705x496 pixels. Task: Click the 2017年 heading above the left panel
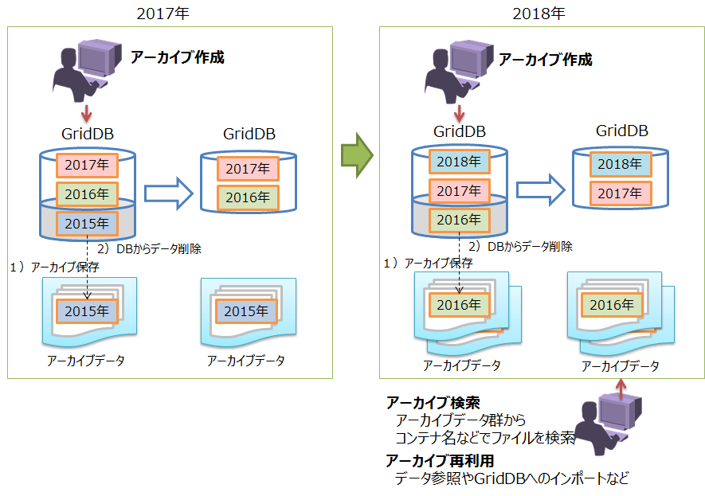tap(163, 14)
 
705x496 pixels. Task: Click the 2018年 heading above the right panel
tap(539, 14)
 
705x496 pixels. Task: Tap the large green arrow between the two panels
tap(357, 155)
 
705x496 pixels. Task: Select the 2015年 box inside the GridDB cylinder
tap(87, 223)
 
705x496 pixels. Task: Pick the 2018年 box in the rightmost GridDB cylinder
tap(621, 164)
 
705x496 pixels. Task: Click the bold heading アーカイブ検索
tap(433, 403)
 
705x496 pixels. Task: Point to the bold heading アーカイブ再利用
tap(441, 460)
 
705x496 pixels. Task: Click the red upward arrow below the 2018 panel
tap(621, 389)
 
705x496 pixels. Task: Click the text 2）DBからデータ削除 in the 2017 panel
tap(149, 249)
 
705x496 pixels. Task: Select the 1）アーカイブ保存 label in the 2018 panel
tap(428, 263)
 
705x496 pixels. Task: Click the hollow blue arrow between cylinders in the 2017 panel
tap(169, 193)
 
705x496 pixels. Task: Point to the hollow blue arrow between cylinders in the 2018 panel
tap(540, 190)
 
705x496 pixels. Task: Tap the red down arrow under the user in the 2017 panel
tap(86, 113)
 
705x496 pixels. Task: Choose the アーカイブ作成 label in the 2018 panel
tap(546, 59)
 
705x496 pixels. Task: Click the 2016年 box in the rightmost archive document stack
tap(612, 305)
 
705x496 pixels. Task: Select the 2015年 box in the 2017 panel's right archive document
tap(246, 311)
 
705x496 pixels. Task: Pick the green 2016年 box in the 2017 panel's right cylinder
tap(249, 197)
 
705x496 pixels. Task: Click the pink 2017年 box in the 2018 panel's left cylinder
tap(459, 190)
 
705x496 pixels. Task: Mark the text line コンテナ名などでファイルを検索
tap(485, 438)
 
